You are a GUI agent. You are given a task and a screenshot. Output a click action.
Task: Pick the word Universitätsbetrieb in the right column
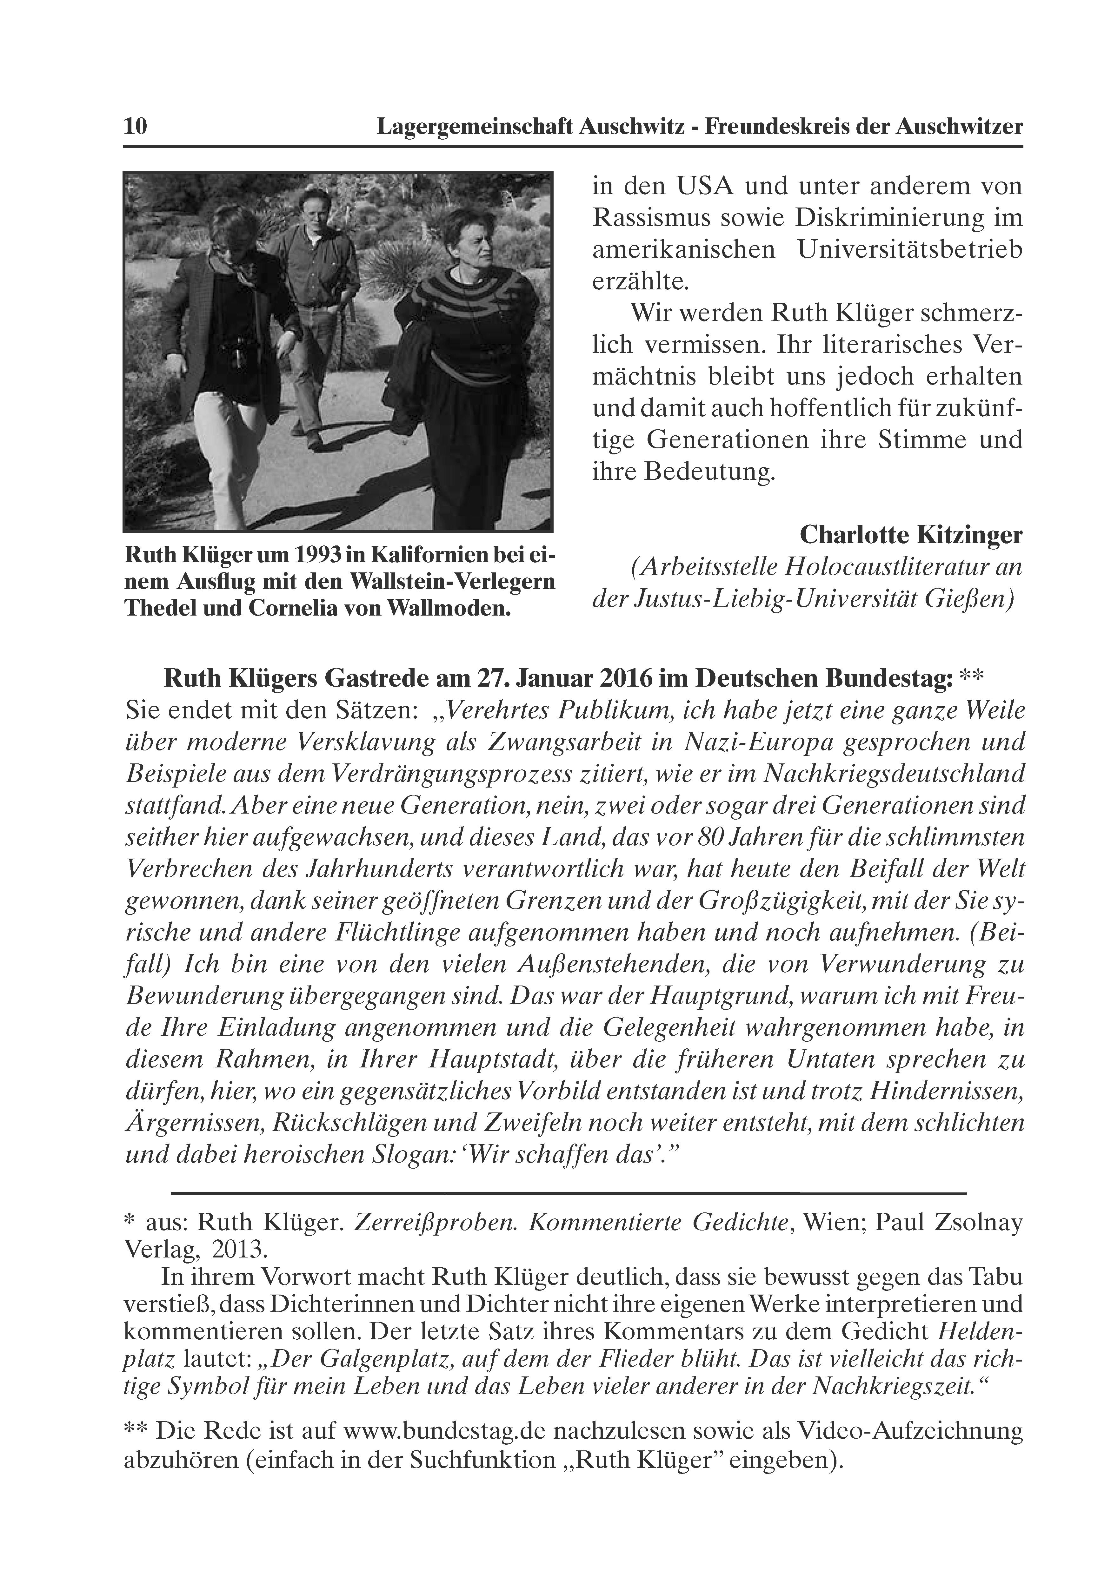(x=909, y=249)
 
